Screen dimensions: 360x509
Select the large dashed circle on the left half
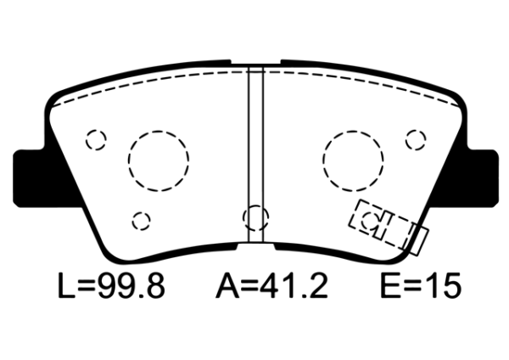click(x=158, y=159)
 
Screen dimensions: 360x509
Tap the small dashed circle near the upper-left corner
click(x=96, y=138)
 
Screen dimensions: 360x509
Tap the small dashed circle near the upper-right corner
click(x=415, y=138)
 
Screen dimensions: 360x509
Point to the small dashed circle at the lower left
click(x=141, y=220)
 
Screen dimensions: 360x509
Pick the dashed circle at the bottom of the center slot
click(x=255, y=218)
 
